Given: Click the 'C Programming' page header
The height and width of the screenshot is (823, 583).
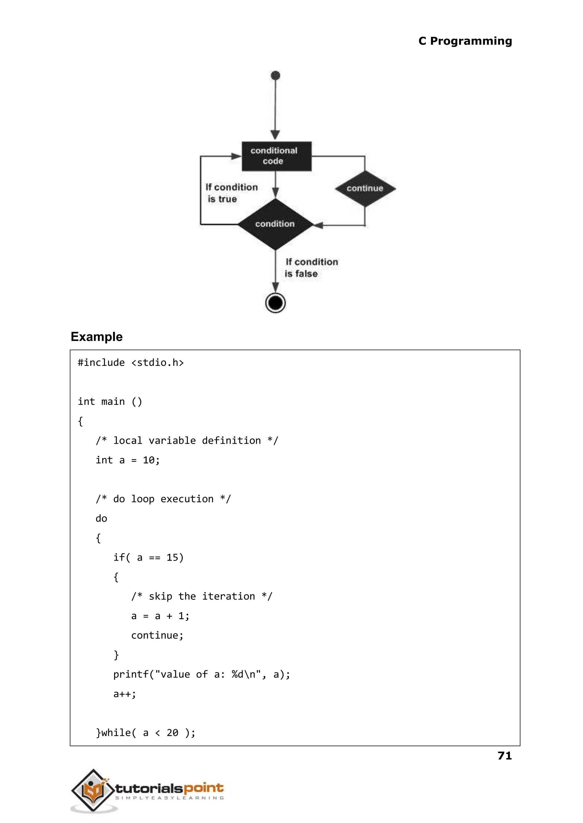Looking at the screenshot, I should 465,41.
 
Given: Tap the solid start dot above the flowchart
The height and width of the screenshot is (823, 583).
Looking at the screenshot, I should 275,76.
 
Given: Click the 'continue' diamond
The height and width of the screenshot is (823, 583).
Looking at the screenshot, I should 365,189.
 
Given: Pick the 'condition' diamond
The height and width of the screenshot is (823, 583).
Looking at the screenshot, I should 275,224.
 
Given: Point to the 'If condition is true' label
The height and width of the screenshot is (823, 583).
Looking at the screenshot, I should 231,193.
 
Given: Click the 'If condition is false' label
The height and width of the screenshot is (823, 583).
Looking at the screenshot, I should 311,268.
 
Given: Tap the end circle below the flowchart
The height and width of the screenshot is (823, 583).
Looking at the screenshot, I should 275,303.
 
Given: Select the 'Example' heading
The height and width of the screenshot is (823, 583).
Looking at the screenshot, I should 97,337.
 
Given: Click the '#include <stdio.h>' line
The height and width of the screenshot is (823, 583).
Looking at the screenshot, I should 131,363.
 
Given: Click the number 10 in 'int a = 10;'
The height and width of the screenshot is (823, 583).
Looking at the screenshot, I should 148,460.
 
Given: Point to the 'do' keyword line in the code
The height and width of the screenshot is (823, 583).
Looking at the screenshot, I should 101,518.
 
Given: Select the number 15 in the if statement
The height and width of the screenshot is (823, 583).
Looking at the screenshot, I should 172,558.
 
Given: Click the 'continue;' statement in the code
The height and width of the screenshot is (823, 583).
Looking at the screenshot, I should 157,635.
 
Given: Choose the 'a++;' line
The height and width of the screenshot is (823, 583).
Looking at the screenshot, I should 125,694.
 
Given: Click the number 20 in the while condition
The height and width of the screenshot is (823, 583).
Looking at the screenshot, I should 172,733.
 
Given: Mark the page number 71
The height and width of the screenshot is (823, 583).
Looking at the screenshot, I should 504,756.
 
